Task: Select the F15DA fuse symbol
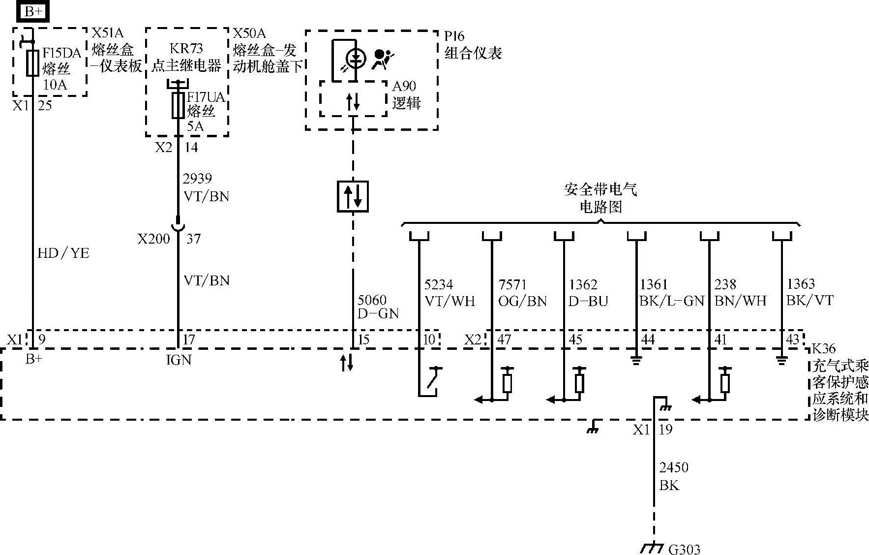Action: pyautogui.click(x=32, y=63)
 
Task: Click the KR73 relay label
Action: pyautogui.click(x=186, y=49)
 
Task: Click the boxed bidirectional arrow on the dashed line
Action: pyautogui.click(x=353, y=196)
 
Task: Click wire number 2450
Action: pyautogui.click(x=673, y=467)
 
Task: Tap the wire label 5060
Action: pyautogui.click(x=372, y=300)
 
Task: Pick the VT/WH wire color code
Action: pyautogui.click(x=449, y=301)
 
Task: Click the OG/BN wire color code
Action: pyautogui.click(x=522, y=301)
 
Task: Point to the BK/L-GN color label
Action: pyautogui.click(x=672, y=301)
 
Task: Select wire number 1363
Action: pyautogui.click(x=801, y=284)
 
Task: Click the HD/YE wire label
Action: pyautogui.click(x=63, y=253)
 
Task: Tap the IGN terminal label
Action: pyautogui.click(x=179, y=360)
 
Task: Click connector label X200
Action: pyautogui.click(x=153, y=239)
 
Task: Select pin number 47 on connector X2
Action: pyautogui.click(x=504, y=339)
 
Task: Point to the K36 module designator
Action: pyautogui.click(x=823, y=348)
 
